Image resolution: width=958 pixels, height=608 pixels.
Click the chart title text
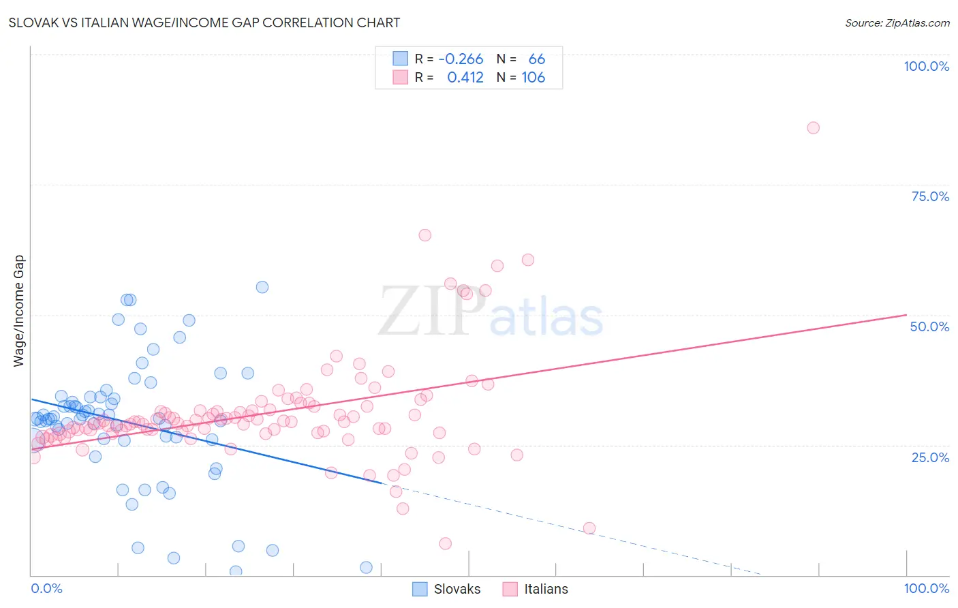pyautogui.click(x=204, y=22)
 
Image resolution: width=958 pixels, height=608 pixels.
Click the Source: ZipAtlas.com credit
pyautogui.click(x=897, y=22)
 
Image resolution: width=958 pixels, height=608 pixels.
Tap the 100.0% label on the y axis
pyautogui.click(x=926, y=66)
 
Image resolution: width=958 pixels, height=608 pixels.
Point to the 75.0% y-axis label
pyautogui.click(x=930, y=196)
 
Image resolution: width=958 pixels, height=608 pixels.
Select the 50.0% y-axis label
pyautogui.click(x=929, y=326)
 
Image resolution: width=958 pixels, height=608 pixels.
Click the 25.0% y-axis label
pyautogui.click(x=930, y=457)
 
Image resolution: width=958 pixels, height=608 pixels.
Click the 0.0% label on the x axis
pyautogui.click(x=46, y=588)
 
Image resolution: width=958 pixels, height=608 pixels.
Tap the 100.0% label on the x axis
pyautogui.click(x=926, y=588)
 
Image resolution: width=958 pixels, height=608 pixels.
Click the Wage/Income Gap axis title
pyautogui.click(x=19, y=311)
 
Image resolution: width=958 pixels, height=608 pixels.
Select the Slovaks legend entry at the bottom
pyautogui.click(x=447, y=589)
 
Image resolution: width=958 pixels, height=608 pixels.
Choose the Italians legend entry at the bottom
pyautogui.click(x=535, y=589)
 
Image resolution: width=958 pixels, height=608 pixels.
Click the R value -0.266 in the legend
pyautogui.click(x=461, y=59)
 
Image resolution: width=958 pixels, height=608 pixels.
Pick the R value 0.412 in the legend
pyautogui.click(x=465, y=78)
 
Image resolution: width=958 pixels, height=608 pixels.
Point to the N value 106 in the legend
pyautogui.click(x=533, y=78)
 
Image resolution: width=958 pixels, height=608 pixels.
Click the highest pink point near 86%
pyautogui.click(x=813, y=127)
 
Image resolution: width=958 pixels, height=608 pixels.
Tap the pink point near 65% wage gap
pyautogui.click(x=425, y=235)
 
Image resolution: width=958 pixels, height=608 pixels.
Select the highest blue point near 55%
pyautogui.click(x=262, y=287)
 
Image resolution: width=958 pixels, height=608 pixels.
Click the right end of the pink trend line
pyautogui.click(x=906, y=315)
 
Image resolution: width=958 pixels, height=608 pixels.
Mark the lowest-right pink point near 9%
pyautogui.click(x=589, y=528)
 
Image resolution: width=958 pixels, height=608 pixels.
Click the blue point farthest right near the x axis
pyautogui.click(x=366, y=568)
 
